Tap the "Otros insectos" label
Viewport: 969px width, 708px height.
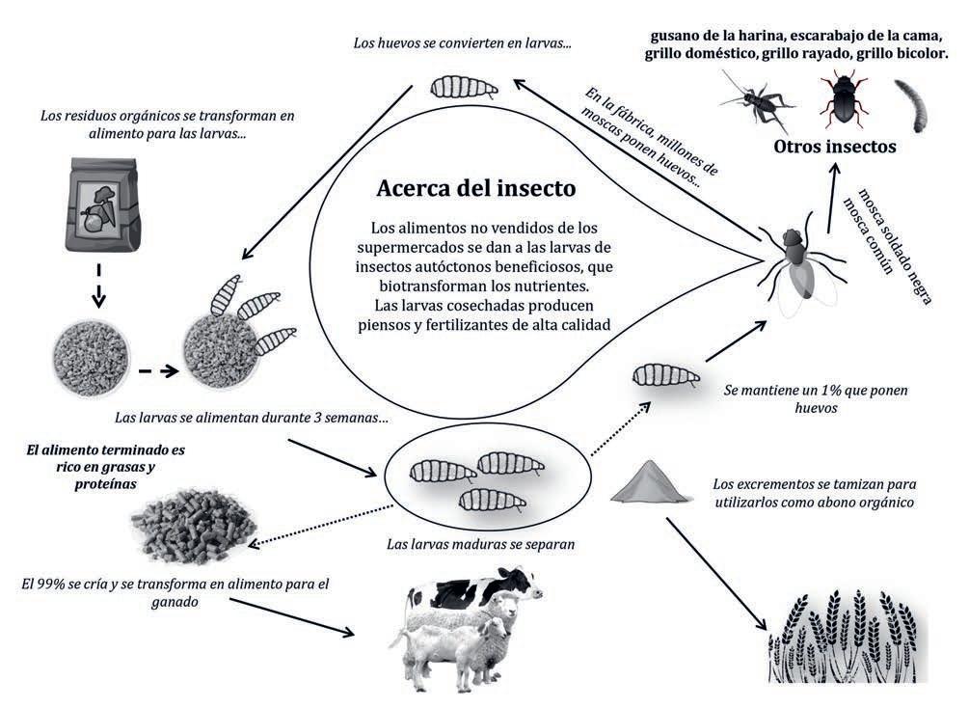pyautogui.click(x=835, y=147)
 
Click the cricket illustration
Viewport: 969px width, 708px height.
pyautogui.click(x=753, y=98)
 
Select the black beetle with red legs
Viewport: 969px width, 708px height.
pyautogui.click(x=843, y=98)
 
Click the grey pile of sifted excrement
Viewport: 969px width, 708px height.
pyautogui.click(x=652, y=481)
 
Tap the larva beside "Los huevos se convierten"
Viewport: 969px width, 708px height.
pyautogui.click(x=462, y=89)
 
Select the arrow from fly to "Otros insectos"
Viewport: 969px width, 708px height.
pyautogui.click(x=827, y=197)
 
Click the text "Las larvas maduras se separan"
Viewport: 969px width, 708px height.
pyautogui.click(x=480, y=543)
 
